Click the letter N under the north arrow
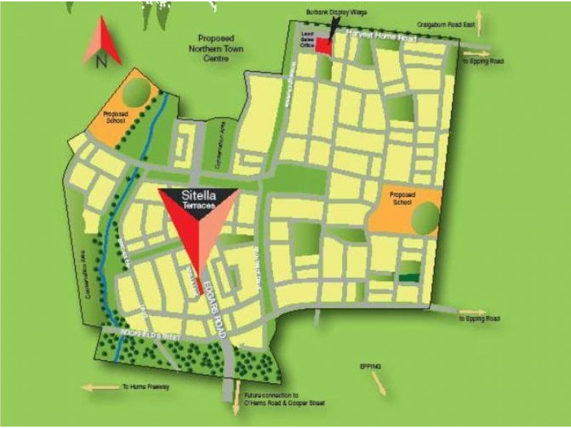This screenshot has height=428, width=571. click(101, 61)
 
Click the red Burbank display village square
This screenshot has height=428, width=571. click(324, 46)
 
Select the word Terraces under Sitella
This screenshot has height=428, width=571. click(198, 204)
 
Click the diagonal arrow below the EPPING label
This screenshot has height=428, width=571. click(378, 384)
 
